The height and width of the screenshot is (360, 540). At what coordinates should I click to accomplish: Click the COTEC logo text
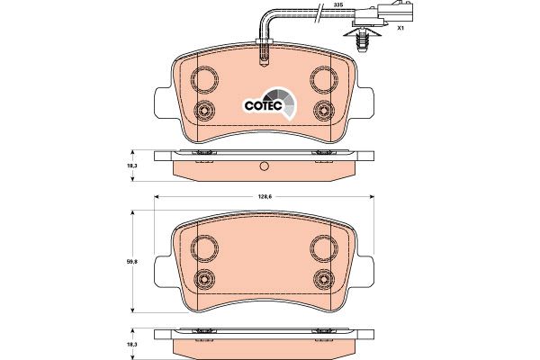click(264, 105)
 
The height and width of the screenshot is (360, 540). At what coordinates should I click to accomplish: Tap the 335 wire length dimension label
click(339, 4)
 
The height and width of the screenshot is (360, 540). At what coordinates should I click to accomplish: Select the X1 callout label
click(400, 28)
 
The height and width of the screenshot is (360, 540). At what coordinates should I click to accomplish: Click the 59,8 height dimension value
click(132, 262)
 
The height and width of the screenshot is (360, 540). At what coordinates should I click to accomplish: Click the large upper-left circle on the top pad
click(204, 79)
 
